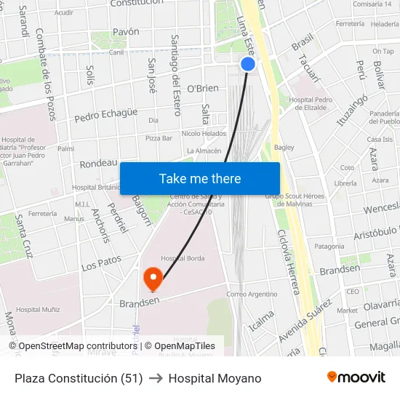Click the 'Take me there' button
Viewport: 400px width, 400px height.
(x=200, y=178)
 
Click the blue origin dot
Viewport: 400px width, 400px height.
(x=248, y=64)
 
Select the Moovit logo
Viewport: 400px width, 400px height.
(x=356, y=377)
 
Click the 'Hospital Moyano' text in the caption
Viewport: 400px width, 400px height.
(x=215, y=378)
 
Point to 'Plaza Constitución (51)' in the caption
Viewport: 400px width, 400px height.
(x=79, y=378)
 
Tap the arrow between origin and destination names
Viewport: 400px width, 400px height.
(x=156, y=378)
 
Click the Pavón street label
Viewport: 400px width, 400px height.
(x=126, y=32)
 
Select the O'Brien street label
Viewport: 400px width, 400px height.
(x=203, y=88)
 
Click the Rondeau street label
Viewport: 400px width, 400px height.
(x=98, y=163)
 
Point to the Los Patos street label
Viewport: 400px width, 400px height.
(x=101, y=262)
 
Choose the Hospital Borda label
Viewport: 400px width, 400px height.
(x=183, y=258)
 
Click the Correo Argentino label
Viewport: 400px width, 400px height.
(x=252, y=294)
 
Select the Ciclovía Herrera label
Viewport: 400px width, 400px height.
(x=288, y=262)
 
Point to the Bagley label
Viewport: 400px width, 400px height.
(x=284, y=147)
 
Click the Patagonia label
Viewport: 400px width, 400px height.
(x=329, y=247)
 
